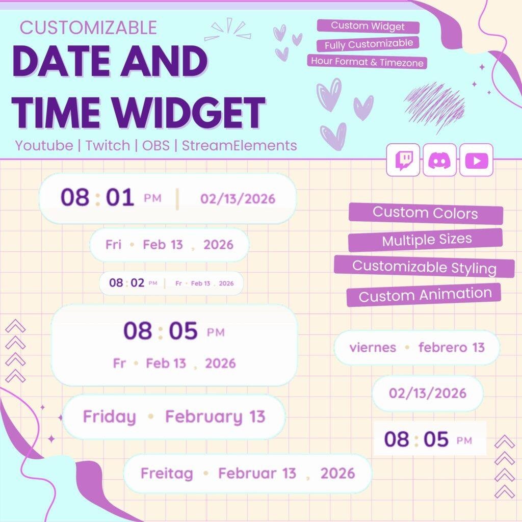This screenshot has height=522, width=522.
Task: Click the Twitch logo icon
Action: click(403, 160)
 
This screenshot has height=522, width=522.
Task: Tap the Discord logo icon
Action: click(439, 160)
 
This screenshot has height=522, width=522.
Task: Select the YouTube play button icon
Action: click(476, 160)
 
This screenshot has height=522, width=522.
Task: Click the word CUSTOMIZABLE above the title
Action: click(88, 28)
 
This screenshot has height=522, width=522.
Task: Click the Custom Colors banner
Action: click(426, 214)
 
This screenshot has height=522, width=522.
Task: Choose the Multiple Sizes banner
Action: click(426, 240)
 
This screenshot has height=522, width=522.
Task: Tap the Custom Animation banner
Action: click(424, 295)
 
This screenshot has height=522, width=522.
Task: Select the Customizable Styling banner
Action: click(425, 267)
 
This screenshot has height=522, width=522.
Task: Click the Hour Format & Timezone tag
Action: click(367, 62)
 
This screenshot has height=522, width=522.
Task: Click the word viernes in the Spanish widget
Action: click(373, 348)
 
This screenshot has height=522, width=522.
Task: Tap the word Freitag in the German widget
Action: click(167, 474)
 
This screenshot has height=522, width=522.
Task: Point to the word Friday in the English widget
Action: click(110, 417)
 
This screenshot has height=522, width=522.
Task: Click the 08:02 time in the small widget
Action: click(127, 283)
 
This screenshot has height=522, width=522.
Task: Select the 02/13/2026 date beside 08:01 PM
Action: click(238, 199)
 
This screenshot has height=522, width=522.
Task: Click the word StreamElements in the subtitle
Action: click(240, 145)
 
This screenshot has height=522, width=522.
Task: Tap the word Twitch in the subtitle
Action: click(108, 145)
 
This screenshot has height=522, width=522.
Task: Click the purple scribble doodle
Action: click(434, 103)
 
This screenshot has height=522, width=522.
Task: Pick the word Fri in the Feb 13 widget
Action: click(113, 245)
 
